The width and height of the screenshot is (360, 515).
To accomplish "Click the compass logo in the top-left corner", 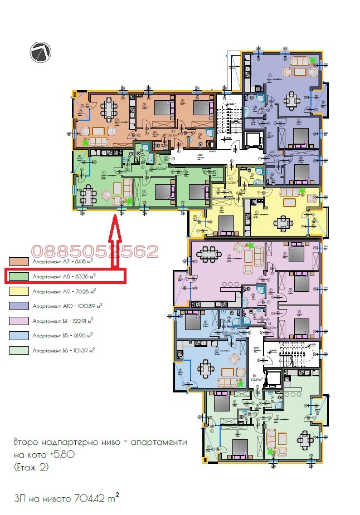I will click(x=41, y=52).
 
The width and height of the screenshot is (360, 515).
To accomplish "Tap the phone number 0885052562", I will click(x=95, y=251).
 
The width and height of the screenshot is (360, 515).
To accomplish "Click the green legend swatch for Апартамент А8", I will click(x=19, y=275).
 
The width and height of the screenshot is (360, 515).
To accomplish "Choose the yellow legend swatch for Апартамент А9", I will click(x=19, y=291).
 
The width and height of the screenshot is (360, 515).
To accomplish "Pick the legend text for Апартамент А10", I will click(x=65, y=306).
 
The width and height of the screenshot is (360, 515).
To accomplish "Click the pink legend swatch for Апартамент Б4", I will click(x=19, y=321).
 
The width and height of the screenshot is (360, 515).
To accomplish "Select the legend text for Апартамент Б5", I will click(x=62, y=335).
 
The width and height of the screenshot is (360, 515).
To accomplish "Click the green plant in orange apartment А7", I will click(x=85, y=143).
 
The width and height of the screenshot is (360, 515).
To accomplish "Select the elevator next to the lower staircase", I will click(x=273, y=377).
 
